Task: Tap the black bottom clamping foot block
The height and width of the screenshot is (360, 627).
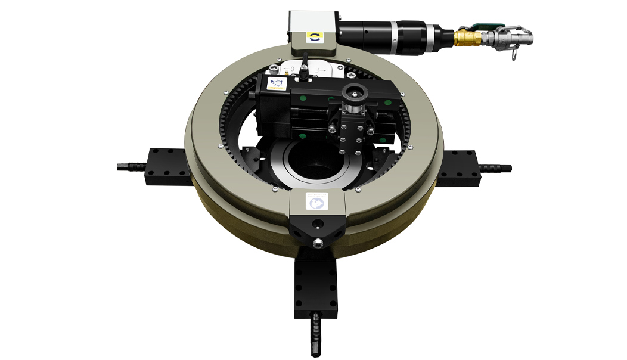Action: (x=316, y=283)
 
